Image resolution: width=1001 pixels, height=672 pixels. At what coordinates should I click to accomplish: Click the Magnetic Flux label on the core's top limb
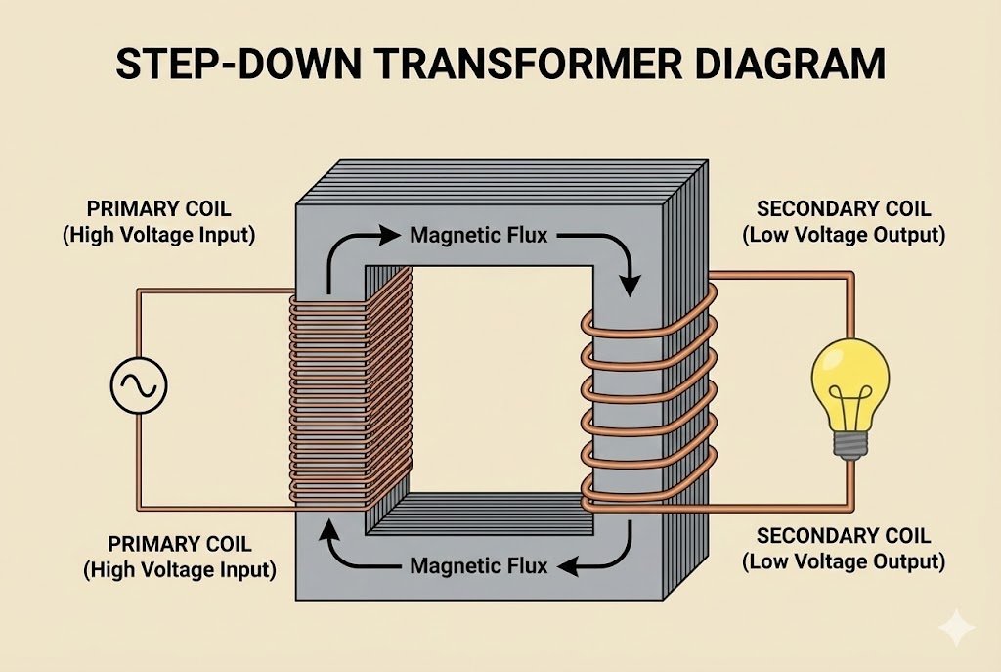[x=478, y=235]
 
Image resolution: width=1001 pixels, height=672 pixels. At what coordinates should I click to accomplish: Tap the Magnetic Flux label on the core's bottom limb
[x=478, y=565]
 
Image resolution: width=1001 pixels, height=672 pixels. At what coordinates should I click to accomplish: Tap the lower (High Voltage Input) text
[x=180, y=568]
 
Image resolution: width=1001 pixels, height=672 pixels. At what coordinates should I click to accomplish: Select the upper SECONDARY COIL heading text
[x=844, y=209]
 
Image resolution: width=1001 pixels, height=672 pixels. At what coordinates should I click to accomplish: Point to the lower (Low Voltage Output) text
[x=844, y=561]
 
